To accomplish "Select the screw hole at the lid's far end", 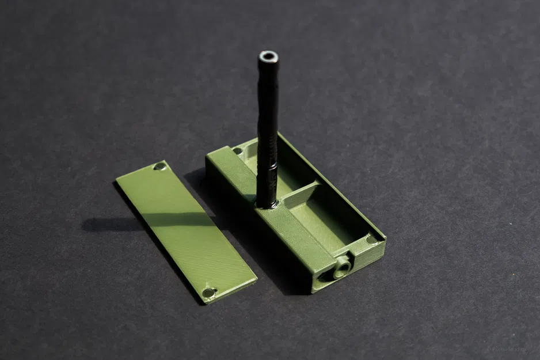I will click(159, 167).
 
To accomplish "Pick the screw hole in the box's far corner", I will click(238, 151).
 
